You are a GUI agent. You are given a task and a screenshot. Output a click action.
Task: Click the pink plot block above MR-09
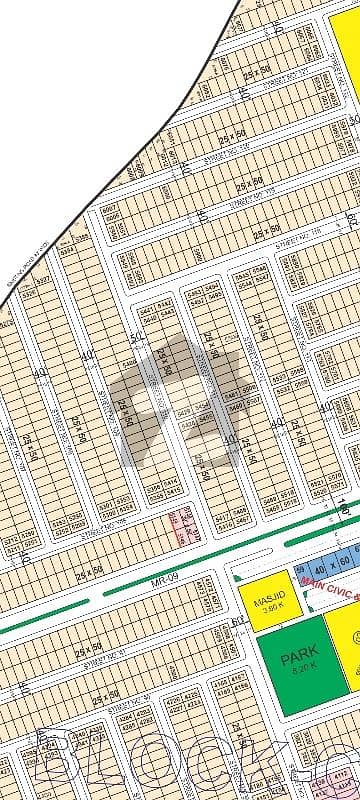180,527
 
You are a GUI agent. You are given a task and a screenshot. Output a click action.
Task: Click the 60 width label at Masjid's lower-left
237,622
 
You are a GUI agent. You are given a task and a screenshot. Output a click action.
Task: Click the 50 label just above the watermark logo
135,339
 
